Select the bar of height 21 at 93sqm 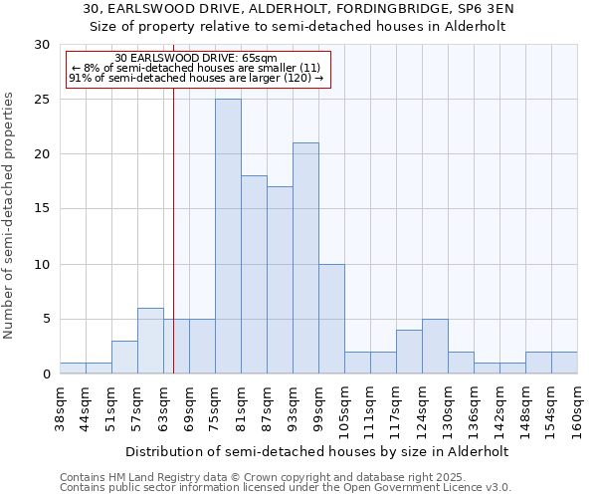[305, 258]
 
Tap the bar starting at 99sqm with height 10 [331, 319]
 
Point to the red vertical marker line [173, 249]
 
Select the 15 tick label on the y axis [43, 209]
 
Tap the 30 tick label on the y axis [43, 45]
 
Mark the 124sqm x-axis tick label [423, 409]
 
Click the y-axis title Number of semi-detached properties [10, 215]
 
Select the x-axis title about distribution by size [318, 451]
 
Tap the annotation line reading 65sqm [195, 58]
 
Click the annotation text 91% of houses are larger [195, 78]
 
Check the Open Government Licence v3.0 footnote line [285, 488]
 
